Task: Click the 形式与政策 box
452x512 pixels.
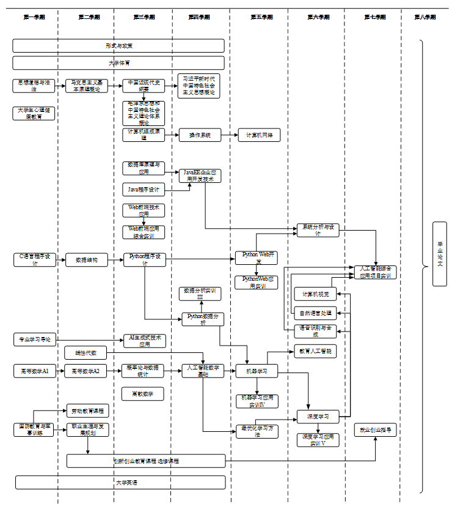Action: [118, 46]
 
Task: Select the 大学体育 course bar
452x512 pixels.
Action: [118, 63]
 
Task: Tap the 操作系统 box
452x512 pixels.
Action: [199, 136]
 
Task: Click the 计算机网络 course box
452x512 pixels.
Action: [259, 136]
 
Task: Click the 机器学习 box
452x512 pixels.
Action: [257, 371]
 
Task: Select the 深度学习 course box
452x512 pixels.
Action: [318, 417]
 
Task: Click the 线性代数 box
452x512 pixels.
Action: [86, 353]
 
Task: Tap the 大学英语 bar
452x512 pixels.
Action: [118, 483]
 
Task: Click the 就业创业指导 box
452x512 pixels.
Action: [376, 430]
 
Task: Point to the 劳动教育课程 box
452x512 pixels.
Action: [87, 411]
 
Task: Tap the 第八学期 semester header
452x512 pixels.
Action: [425, 17]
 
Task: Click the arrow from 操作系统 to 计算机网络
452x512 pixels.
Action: [229, 136]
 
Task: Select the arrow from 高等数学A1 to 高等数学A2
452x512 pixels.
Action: [60, 371]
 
